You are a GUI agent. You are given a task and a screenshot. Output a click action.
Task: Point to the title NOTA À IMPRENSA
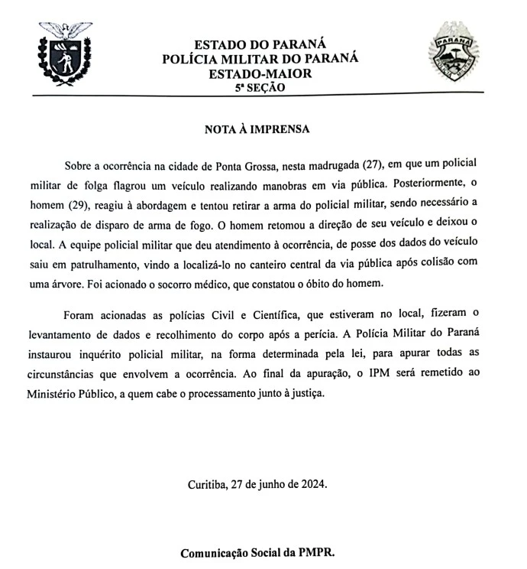(257, 129)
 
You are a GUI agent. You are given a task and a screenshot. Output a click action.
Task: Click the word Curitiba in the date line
(208, 485)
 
